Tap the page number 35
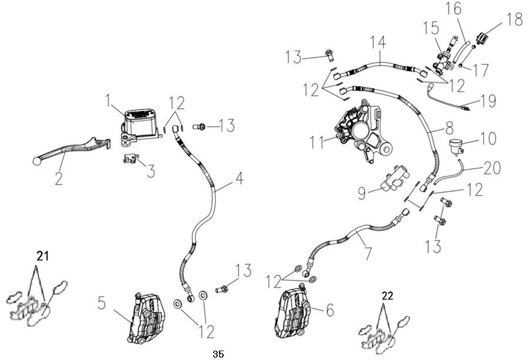[218, 354]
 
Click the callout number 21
[42, 256]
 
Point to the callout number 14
[379, 42]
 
